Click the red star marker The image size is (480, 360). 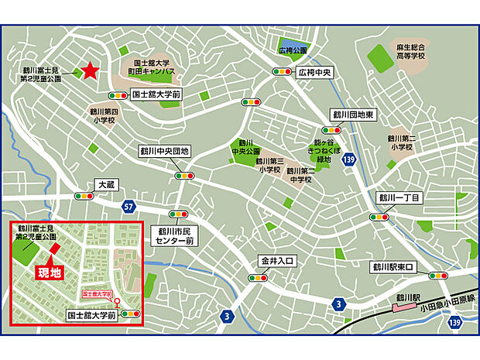(90, 71)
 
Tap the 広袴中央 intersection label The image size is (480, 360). (316, 72)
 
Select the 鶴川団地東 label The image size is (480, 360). (354, 115)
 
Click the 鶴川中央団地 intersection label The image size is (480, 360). (164, 150)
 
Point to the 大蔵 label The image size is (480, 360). (106, 185)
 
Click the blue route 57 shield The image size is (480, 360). (129, 207)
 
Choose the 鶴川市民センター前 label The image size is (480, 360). (178, 236)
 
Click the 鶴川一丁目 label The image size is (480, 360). (399, 198)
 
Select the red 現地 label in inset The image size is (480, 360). (50, 273)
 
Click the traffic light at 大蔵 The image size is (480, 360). (84, 197)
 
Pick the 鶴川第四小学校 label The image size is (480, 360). (101, 115)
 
